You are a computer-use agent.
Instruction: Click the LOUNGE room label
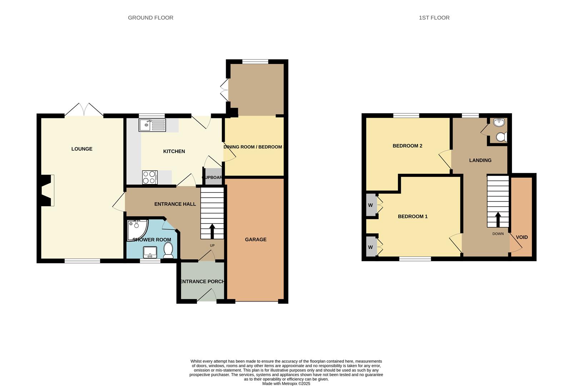point(82,149)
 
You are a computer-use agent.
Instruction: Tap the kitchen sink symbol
point(153,125)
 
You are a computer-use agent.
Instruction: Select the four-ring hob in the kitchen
point(150,177)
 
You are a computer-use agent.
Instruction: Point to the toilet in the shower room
point(168,250)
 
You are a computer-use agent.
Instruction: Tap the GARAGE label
point(255,239)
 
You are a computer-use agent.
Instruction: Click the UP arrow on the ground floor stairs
point(212,231)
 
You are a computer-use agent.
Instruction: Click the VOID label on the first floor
point(522,237)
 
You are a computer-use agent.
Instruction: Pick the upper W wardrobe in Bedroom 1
point(371,205)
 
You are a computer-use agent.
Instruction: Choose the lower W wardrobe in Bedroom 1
point(371,247)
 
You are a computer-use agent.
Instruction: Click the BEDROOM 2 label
point(407,146)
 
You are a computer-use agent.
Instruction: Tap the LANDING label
point(480,160)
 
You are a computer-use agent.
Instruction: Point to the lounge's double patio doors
point(84,110)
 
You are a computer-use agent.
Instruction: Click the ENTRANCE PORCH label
point(202,281)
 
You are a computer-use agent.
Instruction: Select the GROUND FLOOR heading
point(150,18)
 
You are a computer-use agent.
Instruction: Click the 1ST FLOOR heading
point(434,18)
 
